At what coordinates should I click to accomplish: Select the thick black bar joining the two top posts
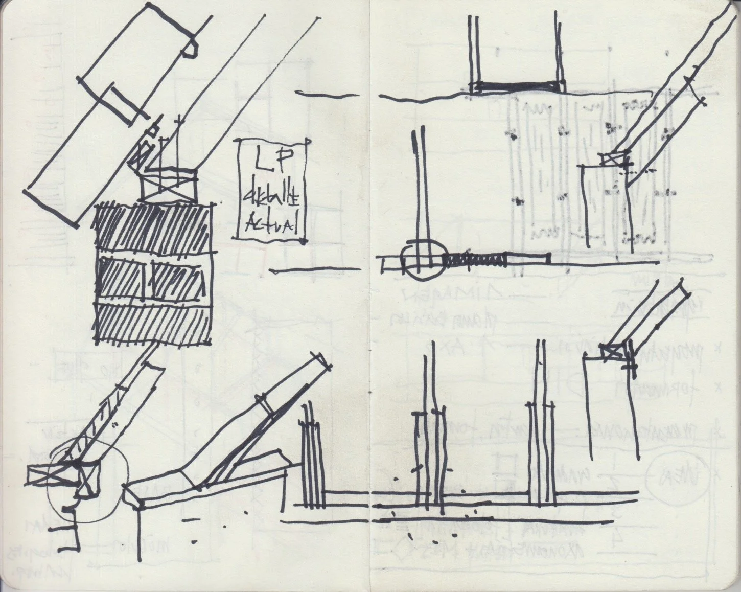(x=517, y=86)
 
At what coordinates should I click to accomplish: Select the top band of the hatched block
(x=153, y=227)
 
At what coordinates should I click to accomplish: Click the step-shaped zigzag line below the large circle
(x=72, y=527)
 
